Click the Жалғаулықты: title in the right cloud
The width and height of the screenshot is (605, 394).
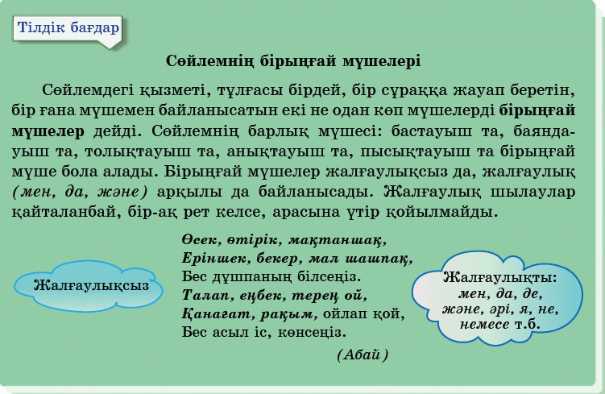[500, 277]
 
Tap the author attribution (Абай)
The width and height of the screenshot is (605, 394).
[363, 355]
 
